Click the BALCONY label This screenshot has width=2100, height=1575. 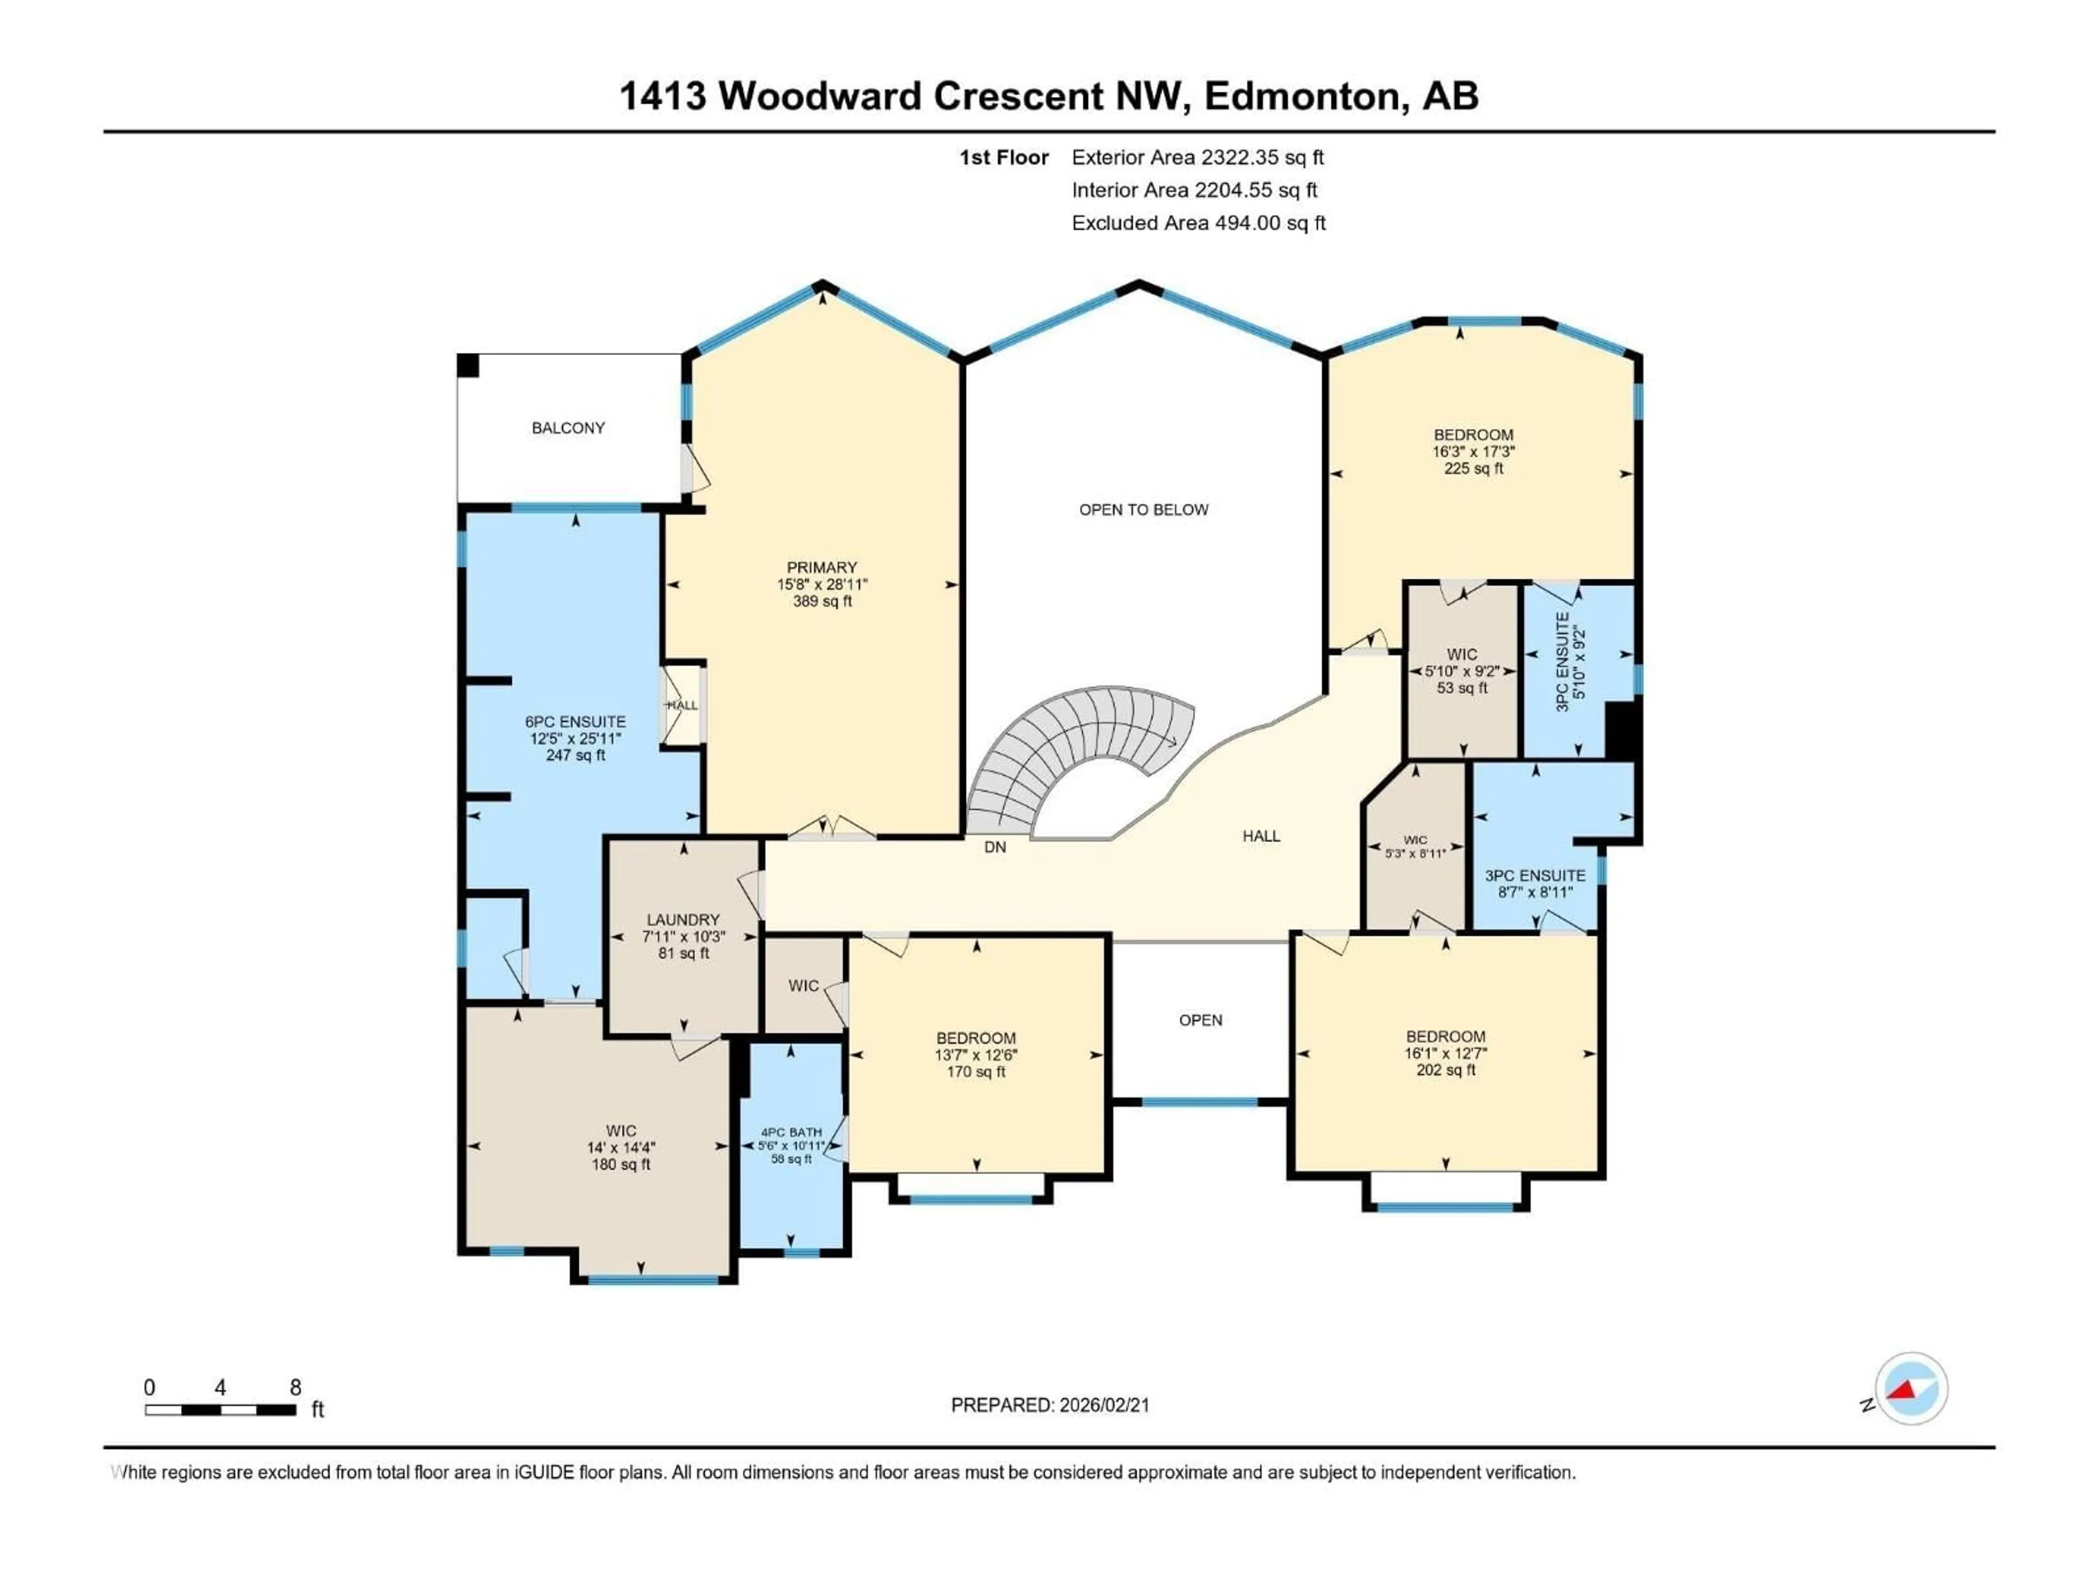click(568, 428)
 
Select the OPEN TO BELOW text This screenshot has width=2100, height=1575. click(1143, 510)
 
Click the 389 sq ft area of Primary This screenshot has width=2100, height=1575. click(822, 601)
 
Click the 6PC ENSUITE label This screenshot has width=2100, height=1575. click(575, 721)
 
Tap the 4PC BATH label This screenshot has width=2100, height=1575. click(791, 1133)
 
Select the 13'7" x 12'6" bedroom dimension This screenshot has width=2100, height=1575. click(976, 1055)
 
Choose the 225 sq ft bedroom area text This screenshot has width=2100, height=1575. click(1473, 468)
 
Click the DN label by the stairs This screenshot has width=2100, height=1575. click(994, 847)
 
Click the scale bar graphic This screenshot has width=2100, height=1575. click(220, 1410)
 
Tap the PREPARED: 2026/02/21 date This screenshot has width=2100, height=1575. click(1050, 1405)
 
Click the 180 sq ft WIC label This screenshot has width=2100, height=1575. click(621, 1164)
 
